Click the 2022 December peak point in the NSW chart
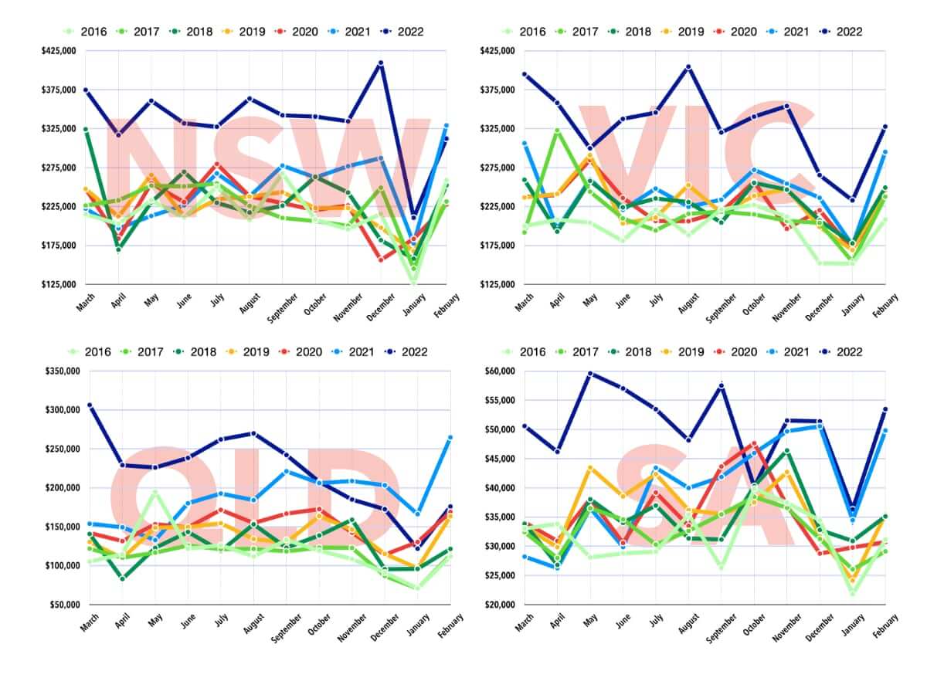pyautogui.click(x=381, y=63)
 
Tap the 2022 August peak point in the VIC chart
pyautogui.click(x=688, y=67)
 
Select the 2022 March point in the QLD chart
pyautogui.click(x=90, y=405)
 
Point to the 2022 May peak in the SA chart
pyautogui.click(x=589, y=374)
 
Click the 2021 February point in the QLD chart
pyautogui.click(x=450, y=438)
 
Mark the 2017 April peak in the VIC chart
pyautogui.click(x=557, y=131)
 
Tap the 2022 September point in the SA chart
pyautogui.click(x=722, y=385)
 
